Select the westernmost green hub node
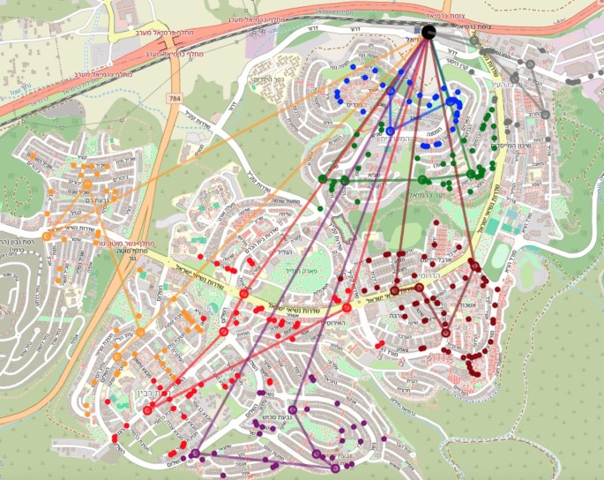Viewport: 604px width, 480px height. (323, 179)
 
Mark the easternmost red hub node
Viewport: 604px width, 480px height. (347, 308)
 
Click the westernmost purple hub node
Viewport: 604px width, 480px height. (195, 454)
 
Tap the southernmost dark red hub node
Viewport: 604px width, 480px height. (445, 332)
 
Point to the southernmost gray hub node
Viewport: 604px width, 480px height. (544, 114)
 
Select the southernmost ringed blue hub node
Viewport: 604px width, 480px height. (390, 131)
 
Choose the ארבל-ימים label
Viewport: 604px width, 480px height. (431, 259)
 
